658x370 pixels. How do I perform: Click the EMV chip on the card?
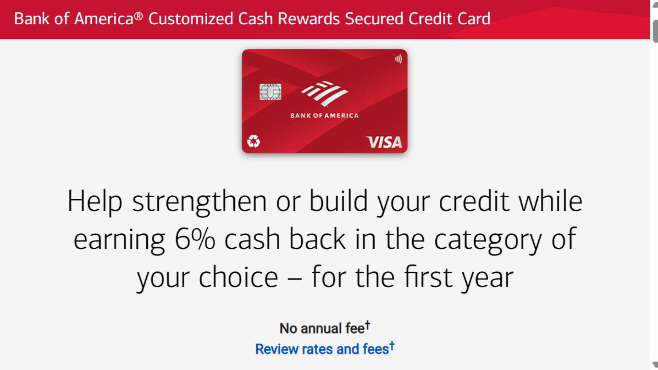[x=270, y=92]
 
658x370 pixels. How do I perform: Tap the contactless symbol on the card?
[x=398, y=59]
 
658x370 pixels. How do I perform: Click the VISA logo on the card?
[x=384, y=142]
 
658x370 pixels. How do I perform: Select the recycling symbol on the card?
[x=254, y=141]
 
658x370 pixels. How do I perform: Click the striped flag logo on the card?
[x=324, y=93]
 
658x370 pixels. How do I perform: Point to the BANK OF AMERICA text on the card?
[x=324, y=116]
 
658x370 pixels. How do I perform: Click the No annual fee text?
[x=322, y=328]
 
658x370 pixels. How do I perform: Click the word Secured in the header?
[x=374, y=19]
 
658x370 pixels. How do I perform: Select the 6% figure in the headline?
[x=195, y=239]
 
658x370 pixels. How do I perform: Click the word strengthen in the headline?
[x=199, y=201]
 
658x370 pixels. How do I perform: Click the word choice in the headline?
[x=238, y=277]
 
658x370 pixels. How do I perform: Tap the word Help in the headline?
[x=95, y=201]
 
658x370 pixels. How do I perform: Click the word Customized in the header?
[x=191, y=19]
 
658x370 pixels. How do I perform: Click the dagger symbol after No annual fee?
[x=367, y=324]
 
